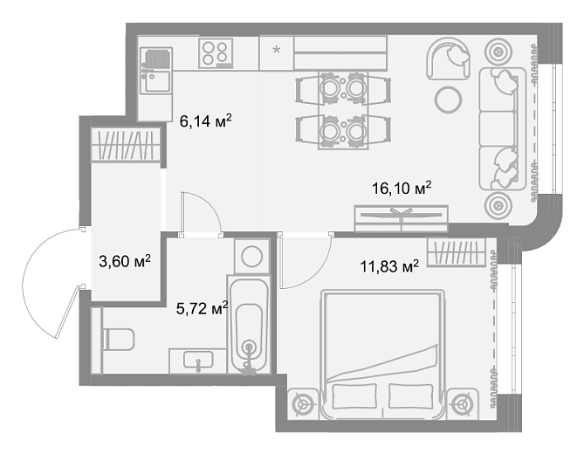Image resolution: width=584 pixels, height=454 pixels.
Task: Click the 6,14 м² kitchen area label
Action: coord(206,120)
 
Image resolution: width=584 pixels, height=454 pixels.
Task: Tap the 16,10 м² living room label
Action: coord(402,188)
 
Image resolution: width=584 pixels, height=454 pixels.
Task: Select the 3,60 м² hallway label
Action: coord(125,261)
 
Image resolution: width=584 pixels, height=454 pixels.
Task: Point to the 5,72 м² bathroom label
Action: coord(202,308)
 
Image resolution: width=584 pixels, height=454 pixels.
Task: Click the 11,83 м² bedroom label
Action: coord(389,266)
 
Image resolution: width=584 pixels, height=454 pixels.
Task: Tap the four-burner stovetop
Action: coord(216,53)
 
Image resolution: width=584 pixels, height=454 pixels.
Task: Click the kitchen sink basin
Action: coord(157,81)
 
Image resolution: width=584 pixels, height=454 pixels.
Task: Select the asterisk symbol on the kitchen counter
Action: coord(277,50)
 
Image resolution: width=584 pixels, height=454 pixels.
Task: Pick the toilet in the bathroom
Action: coord(119,339)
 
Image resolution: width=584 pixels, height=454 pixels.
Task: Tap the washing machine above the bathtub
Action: coord(252,256)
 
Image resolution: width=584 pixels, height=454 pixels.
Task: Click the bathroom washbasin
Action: coord(198,361)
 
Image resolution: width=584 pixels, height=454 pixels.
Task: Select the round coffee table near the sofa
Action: coord(448,100)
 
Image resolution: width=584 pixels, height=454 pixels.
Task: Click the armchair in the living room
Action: coord(449,58)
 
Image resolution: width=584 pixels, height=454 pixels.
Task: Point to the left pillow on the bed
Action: coord(354,396)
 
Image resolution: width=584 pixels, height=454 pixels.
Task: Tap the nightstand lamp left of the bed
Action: coord(304,403)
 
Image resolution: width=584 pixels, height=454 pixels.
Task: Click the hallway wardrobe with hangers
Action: coord(126,145)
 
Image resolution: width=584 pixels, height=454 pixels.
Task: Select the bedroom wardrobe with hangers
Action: coord(457,252)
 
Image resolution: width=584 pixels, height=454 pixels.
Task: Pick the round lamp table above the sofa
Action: coord(498,52)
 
